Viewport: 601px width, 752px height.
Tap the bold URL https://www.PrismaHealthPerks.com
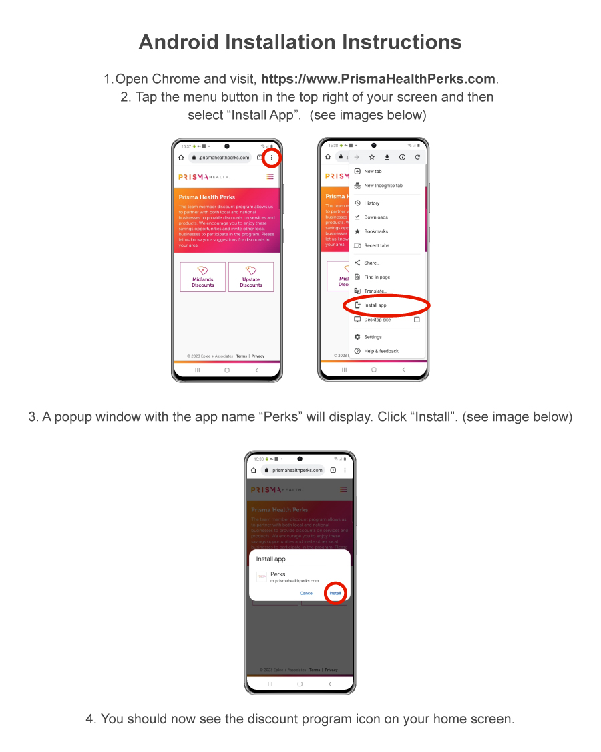[378, 79]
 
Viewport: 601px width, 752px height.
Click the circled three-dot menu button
[272, 158]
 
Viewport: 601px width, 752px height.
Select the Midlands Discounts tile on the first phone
[203, 277]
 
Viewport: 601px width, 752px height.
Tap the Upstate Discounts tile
[251, 277]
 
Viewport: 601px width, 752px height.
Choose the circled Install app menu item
[375, 305]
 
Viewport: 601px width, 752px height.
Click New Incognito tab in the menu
[383, 186]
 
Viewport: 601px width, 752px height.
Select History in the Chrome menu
[371, 203]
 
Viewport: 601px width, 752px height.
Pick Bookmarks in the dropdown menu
[375, 231]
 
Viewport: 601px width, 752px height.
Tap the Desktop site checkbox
[417, 320]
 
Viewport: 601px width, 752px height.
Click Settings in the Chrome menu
[373, 337]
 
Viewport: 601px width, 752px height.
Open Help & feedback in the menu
[381, 351]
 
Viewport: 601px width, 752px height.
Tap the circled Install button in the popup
[335, 593]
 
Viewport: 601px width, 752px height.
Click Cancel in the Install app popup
[307, 593]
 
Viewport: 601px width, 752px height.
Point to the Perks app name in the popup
[278, 574]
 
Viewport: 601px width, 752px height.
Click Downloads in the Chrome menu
[375, 217]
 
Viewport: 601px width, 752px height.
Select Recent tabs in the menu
[376, 245]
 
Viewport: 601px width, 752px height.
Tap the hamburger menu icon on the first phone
[270, 177]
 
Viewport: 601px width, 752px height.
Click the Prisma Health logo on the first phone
[204, 177]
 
